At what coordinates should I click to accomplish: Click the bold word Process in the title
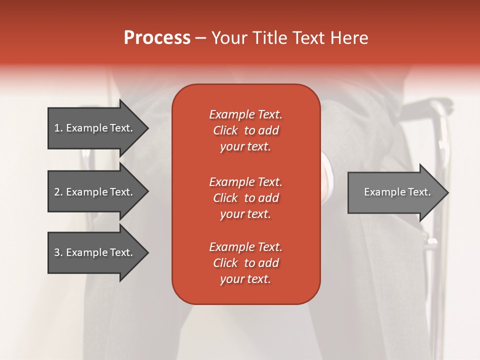point(157,38)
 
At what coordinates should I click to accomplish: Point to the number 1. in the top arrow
point(58,128)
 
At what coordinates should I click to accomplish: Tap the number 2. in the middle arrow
point(58,192)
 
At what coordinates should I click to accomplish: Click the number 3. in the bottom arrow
point(58,252)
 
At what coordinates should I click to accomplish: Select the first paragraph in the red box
point(245,130)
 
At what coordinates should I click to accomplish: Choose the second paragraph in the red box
point(245,198)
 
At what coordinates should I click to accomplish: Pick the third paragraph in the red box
point(245,263)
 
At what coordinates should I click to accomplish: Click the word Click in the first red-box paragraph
point(225,130)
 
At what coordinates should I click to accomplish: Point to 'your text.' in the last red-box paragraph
point(245,279)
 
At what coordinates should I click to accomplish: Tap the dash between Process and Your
point(200,38)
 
